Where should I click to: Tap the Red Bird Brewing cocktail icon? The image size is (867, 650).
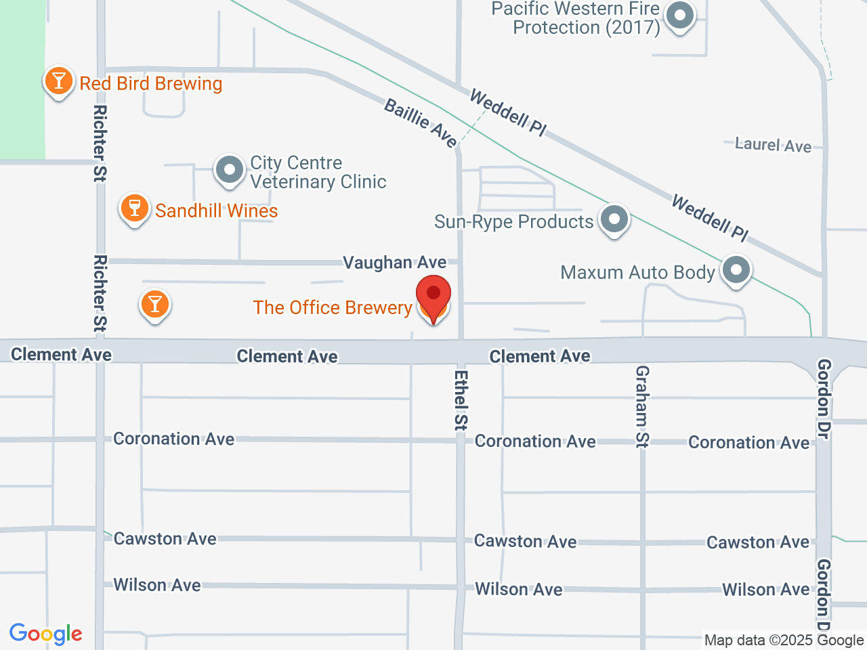[x=59, y=81]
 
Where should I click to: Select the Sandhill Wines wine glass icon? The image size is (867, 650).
[x=135, y=209]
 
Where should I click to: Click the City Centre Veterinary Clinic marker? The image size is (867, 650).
[x=230, y=170]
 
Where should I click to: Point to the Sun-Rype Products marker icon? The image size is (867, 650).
[x=614, y=219]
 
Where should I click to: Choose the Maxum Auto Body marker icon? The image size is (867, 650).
[x=736, y=270]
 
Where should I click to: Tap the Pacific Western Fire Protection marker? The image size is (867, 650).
[x=680, y=16]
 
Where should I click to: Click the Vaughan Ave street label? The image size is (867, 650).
[x=394, y=262]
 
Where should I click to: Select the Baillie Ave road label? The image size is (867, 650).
[x=421, y=123]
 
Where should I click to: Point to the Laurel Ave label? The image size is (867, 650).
[x=773, y=145]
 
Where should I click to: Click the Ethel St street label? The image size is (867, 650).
[x=461, y=399]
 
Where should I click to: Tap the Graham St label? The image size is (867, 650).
[x=642, y=406]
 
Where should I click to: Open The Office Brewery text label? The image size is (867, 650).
[x=333, y=307]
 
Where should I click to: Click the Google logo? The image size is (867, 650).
[x=46, y=634]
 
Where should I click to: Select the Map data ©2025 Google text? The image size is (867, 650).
[x=784, y=640]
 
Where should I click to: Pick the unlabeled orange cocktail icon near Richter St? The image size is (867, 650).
[x=154, y=305]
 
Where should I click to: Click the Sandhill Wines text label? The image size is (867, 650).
[x=217, y=211]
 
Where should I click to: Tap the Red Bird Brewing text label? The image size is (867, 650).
[x=151, y=83]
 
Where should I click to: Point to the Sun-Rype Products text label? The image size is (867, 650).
[x=513, y=221]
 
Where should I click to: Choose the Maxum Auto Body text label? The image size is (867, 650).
[x=637, y=272]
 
